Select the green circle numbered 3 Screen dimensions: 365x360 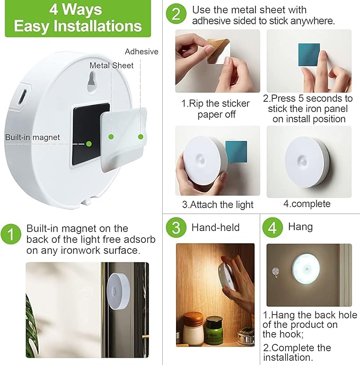click(175, 228)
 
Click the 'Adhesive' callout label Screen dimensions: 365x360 click(142, 51)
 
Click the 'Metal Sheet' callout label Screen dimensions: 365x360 click(111, 65)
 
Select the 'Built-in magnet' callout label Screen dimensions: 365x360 click(32, 137)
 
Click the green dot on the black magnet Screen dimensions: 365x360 click(89, 143)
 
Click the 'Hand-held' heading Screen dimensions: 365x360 click(216, 228)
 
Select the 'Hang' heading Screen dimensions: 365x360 click(300, 227)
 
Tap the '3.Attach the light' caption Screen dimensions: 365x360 click(217, 204)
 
